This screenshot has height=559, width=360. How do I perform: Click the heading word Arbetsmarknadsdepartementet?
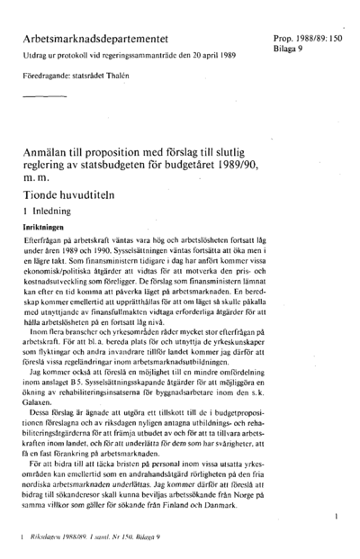click(101, 42)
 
